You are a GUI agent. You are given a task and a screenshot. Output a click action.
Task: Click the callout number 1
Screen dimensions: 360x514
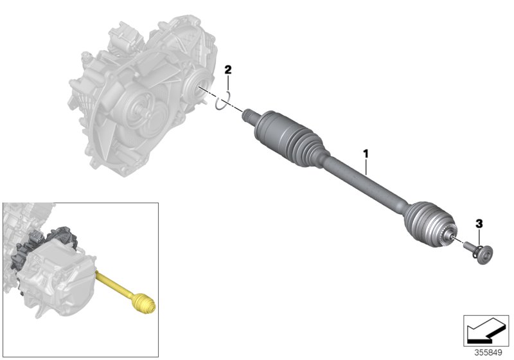click(x=366, y=154)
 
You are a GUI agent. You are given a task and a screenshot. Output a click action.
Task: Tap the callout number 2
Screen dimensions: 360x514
click(x=227, y=69)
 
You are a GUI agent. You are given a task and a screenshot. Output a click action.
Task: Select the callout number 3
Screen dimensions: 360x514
click(x=478, y=223)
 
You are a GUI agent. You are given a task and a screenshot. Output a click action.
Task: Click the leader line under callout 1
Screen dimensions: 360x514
click(x=366, y=167)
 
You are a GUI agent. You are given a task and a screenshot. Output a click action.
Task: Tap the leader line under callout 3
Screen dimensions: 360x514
click(x=479, y=236)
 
